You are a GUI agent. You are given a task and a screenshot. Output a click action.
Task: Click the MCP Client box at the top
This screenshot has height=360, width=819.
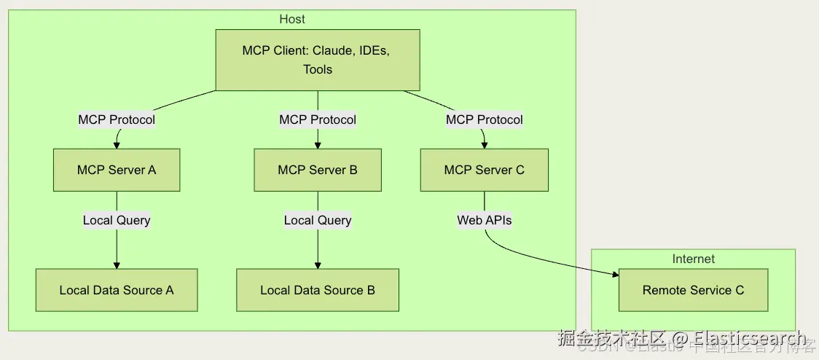point(318,60)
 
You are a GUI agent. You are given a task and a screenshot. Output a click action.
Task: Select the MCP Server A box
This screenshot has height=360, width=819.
point(117,170)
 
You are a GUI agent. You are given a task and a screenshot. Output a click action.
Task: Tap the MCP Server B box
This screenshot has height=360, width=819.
point(318,170)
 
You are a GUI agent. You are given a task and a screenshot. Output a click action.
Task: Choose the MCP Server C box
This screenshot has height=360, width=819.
point(485,170)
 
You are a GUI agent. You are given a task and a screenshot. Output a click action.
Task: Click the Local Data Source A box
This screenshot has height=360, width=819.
point(117,290)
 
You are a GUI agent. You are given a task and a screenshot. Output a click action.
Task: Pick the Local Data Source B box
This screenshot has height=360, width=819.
point(318,290)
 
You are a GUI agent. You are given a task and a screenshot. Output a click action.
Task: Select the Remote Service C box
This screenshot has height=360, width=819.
point(693,290)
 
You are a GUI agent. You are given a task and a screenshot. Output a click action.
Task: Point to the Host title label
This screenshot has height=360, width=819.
point(292,19)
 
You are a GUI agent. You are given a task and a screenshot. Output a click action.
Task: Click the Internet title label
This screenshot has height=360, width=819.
point(693,259)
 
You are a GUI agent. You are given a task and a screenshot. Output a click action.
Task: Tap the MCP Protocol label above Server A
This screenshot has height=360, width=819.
point(117,120)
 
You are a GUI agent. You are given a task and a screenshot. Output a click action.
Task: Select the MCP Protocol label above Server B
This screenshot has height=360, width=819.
point(318,120)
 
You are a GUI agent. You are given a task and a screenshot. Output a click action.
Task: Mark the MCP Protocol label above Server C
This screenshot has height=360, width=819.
point(485,120)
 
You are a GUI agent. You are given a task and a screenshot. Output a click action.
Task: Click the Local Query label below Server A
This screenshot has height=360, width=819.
point(117,220)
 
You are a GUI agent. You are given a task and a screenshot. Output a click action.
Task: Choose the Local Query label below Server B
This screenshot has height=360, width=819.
point(318,220)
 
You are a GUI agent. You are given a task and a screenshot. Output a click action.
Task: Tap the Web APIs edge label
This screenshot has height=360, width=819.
point(485,220)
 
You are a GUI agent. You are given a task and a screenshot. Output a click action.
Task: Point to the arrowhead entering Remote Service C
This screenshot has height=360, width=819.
point(614,275)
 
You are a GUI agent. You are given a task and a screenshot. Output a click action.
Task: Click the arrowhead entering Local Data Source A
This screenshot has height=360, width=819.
point(117,265)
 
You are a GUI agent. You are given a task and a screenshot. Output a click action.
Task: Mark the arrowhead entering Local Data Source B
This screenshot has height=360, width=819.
point(318,265)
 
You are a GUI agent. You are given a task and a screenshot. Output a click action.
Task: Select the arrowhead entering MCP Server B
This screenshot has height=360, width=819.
point(318,144)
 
